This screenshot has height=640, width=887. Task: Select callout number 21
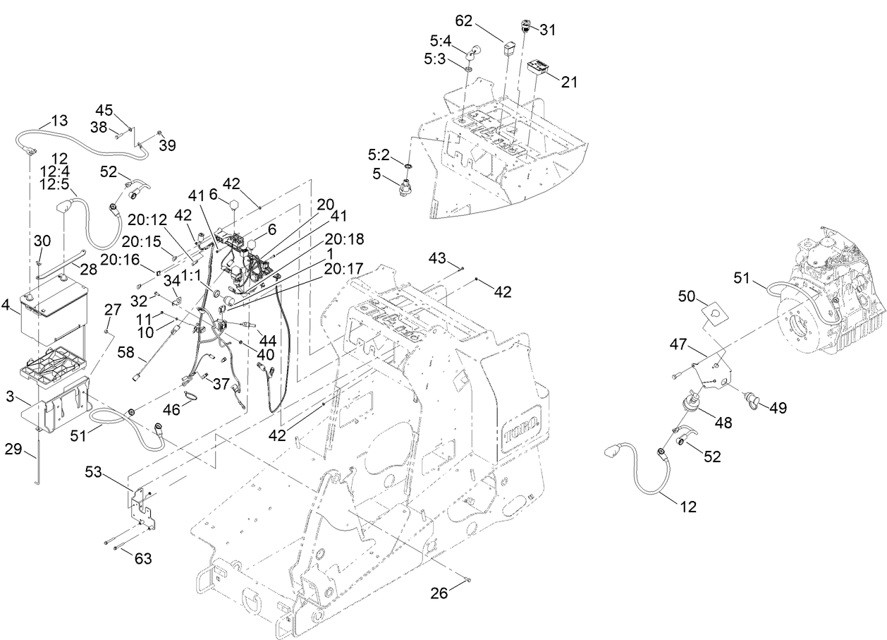tap(569, 82)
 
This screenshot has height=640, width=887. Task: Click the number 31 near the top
tap(548, 30)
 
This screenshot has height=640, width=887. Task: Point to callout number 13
tap(59, 120)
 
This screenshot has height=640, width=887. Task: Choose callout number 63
tap(143, 560)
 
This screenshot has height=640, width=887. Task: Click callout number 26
tap(439, 593)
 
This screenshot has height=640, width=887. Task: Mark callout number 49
tap(778, 408)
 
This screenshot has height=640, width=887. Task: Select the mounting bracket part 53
tap(142, 505)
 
